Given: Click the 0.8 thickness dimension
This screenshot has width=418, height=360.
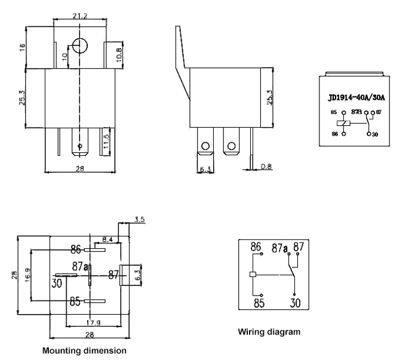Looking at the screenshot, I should (x=266, y=167).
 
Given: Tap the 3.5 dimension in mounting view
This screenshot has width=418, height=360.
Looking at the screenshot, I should (x=139, y=220).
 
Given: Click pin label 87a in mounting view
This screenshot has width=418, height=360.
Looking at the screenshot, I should (x=81, y=266).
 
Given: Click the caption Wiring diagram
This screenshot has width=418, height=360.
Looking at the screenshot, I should (x=269, y=331).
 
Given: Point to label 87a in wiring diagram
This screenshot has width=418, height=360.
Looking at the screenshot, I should (x=278, y=247).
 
